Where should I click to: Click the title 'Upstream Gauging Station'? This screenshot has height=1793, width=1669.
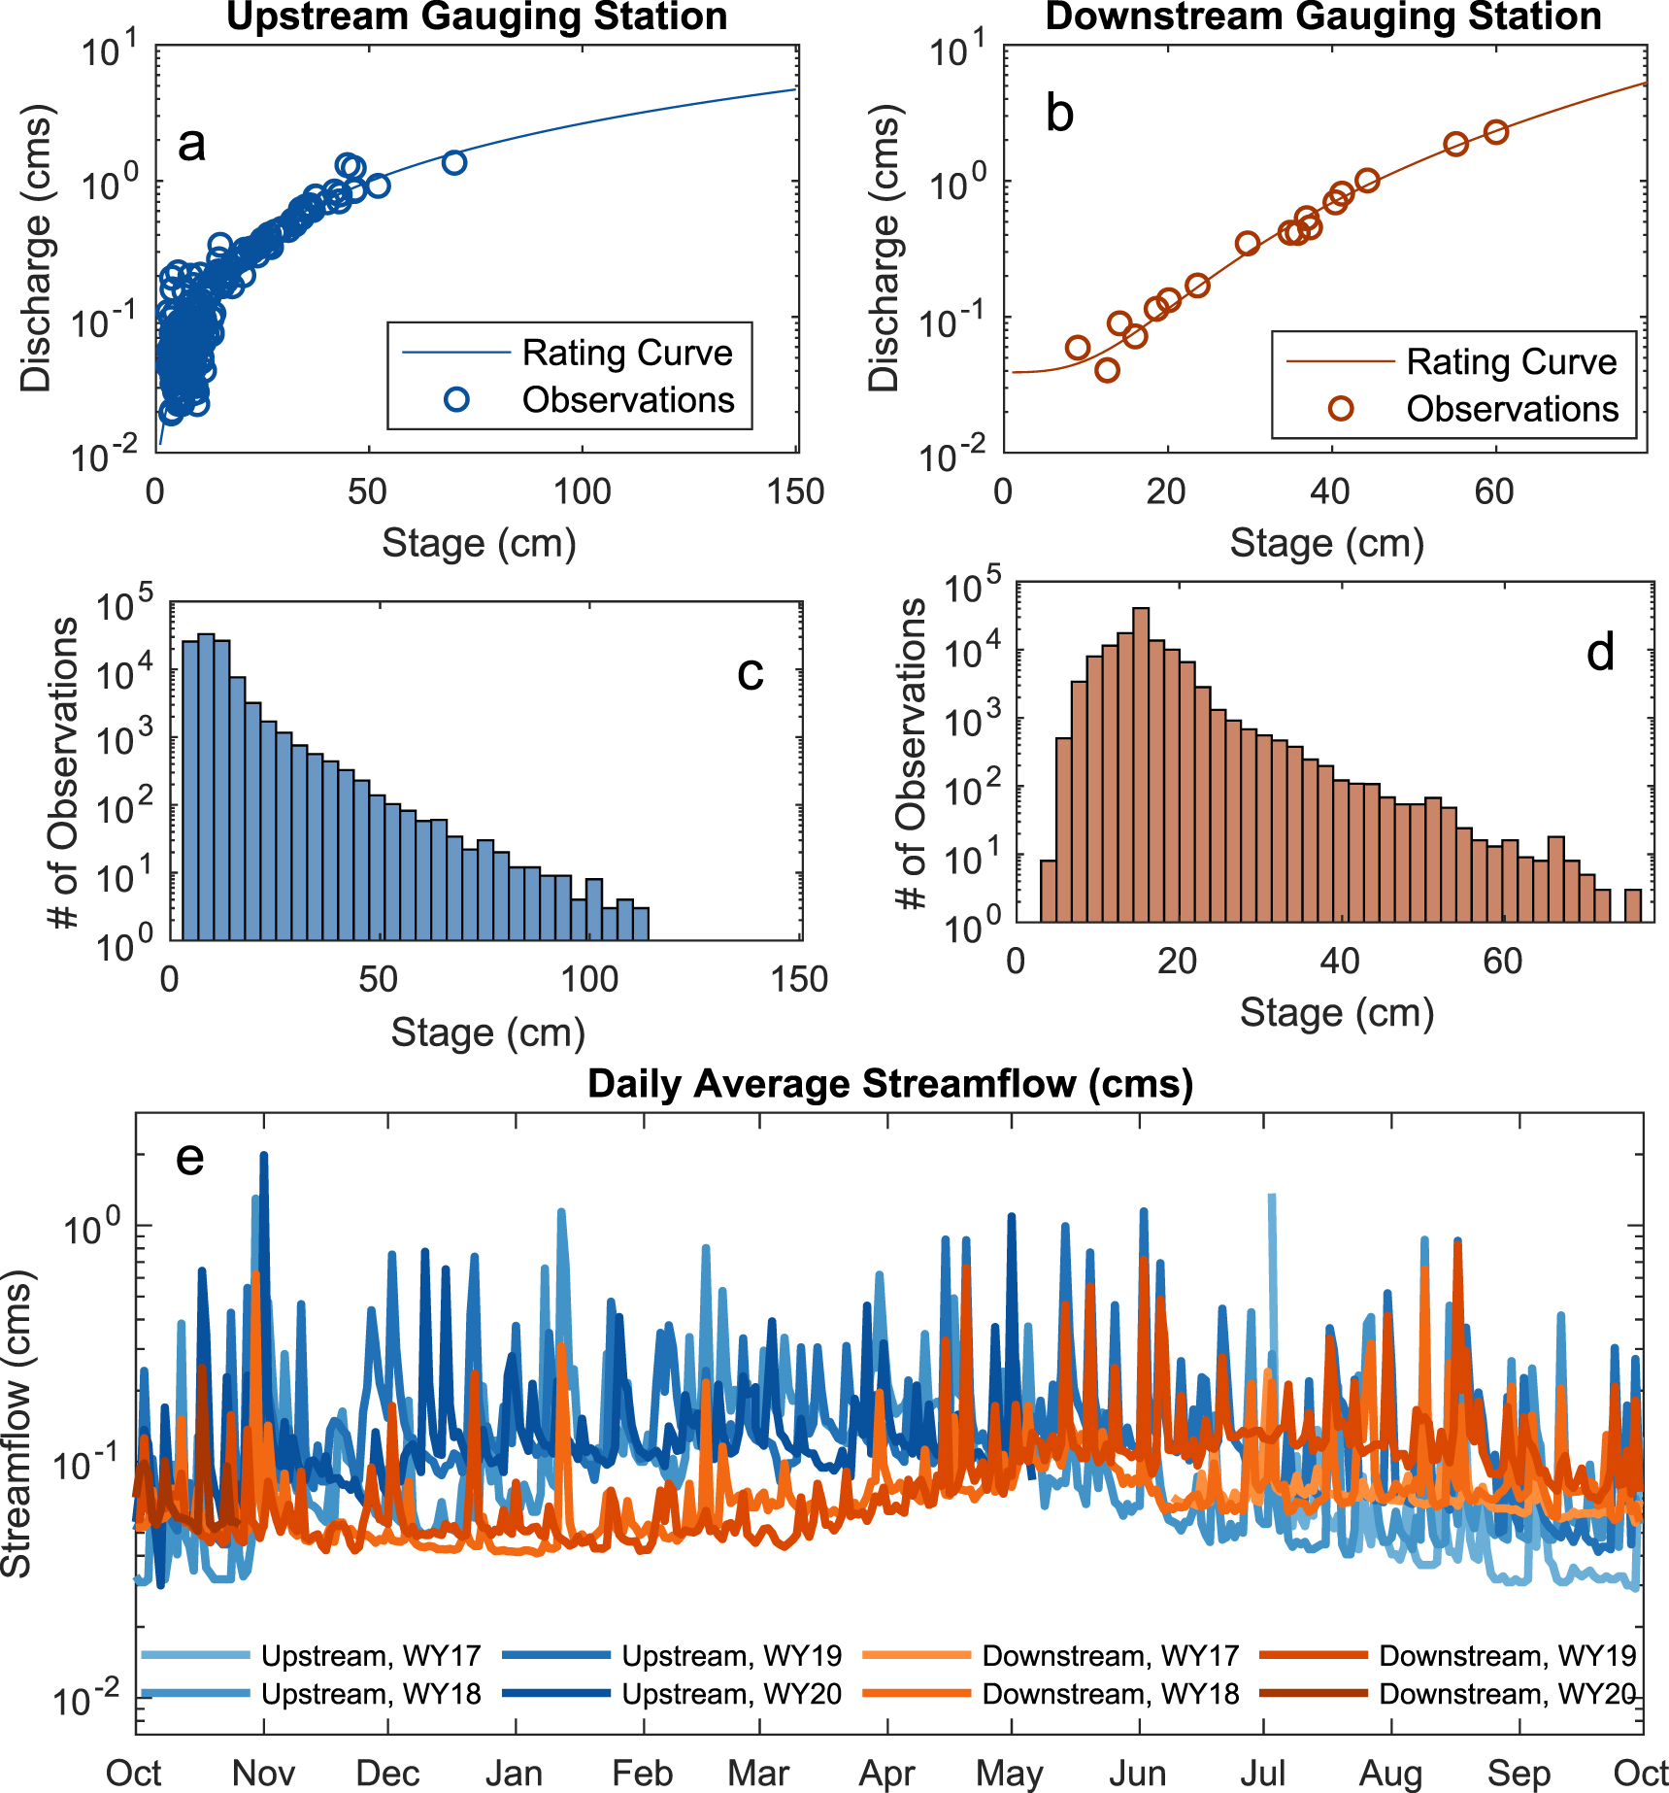pyautogui.click(x=477, y=17)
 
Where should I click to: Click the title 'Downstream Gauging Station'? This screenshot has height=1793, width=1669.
pyautogui.click(x=1323, y=17)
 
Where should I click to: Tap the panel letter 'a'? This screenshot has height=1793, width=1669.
pyautogui.click(x=191, y=145)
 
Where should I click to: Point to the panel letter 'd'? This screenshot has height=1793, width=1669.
pyautogui.click(x=1600, y=653)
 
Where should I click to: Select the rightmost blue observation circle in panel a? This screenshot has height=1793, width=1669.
pyautogui.click(x=453, y=162)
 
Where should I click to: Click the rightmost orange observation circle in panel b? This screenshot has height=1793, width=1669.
pyautogui.click(x=1496, y=132)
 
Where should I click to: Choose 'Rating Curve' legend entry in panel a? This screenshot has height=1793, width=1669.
pyautogui.click(x=626, y=353)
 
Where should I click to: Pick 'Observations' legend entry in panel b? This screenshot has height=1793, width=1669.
pyautogui.click(x=1512, y=409)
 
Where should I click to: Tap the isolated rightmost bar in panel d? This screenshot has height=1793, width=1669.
pyautogui.click(x=1633, y=905)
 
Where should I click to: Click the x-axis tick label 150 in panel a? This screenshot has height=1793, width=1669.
pyautogui.click(x=795, y=492)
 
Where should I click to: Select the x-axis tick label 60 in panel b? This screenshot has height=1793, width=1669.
pyautogui.click(x=1493, y=492)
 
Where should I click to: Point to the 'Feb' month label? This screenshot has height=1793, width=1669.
pyautogui.click(x=642, y=1773)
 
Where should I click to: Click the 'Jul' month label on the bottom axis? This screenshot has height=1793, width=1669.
pyautogui.click(x=1262, y=1773)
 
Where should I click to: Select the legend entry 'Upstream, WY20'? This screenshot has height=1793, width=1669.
pyautogui.click(x=731, y=1694)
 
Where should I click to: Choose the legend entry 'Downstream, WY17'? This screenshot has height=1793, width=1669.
pyautogui.click(x=1110, y=1655)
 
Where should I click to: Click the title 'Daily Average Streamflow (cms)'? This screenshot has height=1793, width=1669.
pyautogui.click(x=889, y=1084)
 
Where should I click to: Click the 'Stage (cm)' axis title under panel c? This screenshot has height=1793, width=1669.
pyautogui.click(x=487, y=1032)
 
